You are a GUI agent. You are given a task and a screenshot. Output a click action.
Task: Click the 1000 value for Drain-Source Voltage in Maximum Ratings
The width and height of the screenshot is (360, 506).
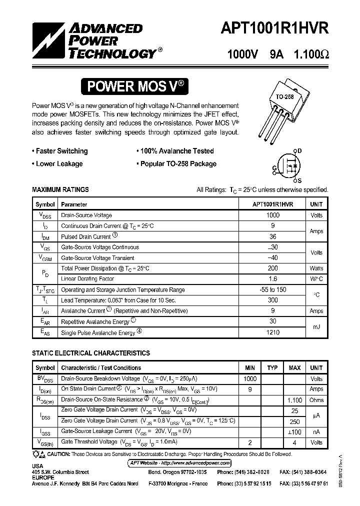pos(272,215)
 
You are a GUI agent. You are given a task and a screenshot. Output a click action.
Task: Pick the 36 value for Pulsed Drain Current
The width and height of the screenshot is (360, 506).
pos(272,236)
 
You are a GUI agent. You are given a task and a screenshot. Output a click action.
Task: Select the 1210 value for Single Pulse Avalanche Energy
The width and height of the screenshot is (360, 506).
pos(272,332)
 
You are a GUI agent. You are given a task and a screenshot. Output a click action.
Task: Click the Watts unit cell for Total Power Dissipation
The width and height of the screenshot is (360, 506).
pos(316,268)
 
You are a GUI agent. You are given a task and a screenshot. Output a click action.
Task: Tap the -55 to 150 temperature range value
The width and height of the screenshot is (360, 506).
pos(272,290)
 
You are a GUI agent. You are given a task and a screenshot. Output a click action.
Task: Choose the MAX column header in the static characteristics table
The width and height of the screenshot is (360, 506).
pos(294,368)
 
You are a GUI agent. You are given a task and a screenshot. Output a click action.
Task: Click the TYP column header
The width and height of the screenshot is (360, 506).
pos(272,368)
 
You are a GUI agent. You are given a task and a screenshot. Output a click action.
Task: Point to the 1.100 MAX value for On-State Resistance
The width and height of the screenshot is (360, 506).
pos(294,400)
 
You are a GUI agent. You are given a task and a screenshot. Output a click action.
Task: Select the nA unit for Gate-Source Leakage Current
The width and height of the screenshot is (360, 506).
pos(316,431)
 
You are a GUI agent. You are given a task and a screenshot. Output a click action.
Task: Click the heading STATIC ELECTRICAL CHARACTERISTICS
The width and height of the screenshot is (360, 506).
pos(90,353)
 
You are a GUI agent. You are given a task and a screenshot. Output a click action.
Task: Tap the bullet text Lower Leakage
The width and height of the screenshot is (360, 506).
pos(59,163)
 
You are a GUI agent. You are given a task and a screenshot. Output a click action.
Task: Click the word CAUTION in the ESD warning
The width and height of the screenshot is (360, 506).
pos(59,454)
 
